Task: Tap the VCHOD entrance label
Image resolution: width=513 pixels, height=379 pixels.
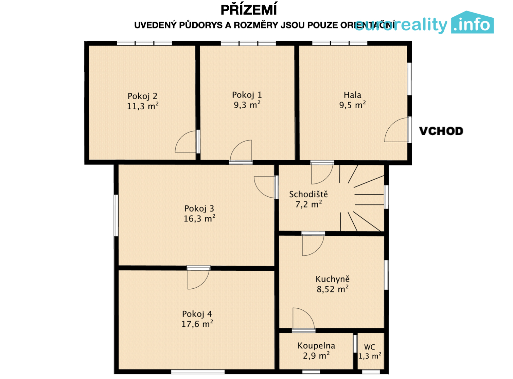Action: (x=441, y=131)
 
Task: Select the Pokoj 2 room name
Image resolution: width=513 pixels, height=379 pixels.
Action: (x=142, y=96)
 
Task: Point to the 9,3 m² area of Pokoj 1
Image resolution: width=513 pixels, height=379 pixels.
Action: (x=247, y=105)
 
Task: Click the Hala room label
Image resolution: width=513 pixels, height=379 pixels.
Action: (x=352, y=95)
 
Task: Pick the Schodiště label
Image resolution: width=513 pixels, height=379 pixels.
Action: (x=308, y=194)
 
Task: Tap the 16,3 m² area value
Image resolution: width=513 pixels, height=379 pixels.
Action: (x=199, y=218)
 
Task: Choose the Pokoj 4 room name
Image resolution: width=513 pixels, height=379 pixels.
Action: (x=197, y=314)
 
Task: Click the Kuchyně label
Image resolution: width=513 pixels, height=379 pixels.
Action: (x=332, y=279)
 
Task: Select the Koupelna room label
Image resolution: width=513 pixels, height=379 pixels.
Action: (x=316, y=346)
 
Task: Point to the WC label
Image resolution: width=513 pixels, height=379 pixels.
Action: (x=370, y=347)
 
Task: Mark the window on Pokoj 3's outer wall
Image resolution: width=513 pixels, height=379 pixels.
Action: (x=116, y=215)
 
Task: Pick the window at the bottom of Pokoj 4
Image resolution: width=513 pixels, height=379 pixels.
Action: (x=198, y=372)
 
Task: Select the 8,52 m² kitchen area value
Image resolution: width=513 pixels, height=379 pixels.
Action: (x=332, y=289)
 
